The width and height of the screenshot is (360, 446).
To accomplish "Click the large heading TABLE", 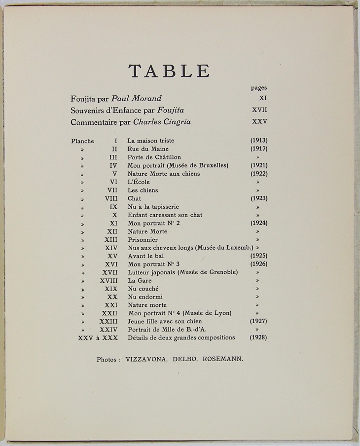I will pos(169,71).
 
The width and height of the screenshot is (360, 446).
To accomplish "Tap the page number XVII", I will pos(259,110).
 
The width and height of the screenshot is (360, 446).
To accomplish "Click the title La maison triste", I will pos(150,141).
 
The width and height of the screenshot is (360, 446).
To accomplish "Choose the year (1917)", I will pos(259,149).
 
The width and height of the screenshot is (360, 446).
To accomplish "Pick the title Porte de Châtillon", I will pos(153,157).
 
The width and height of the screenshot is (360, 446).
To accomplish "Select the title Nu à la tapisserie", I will pos(153,207).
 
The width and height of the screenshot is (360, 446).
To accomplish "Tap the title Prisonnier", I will pos(143,239).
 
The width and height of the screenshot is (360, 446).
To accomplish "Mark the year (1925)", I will pos(259,256).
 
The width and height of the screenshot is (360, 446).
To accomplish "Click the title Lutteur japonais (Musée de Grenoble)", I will pos(183,272).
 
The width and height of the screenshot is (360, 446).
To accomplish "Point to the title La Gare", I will pos(139,280).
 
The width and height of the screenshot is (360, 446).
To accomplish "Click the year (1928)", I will pos(259,337).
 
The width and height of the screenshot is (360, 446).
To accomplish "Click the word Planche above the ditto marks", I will pos(82,141).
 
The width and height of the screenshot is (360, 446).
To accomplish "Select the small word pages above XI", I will pos(259,88).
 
